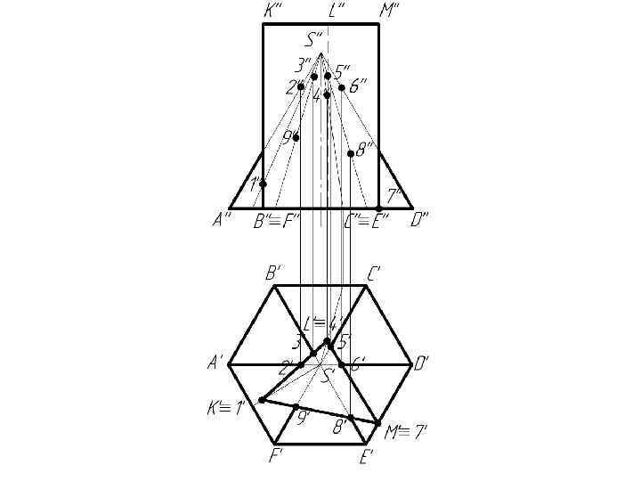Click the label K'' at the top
point(273,11)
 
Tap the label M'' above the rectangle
point(389,11)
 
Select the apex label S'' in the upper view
point(314,39)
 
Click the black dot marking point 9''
point(296,137)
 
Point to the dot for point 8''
point(351,153)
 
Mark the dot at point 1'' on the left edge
point(263,183)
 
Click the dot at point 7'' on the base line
point(378,208)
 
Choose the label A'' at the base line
point(223,221)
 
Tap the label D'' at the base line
point(419,221)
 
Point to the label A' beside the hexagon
point(215,363)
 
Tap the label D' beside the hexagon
point(422,363)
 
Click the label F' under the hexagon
point(276,458)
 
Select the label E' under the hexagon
point(366,458)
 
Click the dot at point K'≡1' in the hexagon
point(262,400)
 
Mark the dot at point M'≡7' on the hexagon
point(378,423)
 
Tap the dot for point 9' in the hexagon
point(296,407)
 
